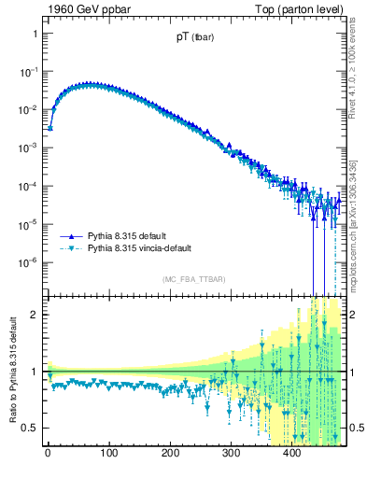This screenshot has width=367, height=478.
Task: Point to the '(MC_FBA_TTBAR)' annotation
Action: click(194, 279)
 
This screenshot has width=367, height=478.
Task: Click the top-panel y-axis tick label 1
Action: click(34, 34)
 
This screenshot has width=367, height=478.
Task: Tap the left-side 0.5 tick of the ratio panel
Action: click(29, 429)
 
